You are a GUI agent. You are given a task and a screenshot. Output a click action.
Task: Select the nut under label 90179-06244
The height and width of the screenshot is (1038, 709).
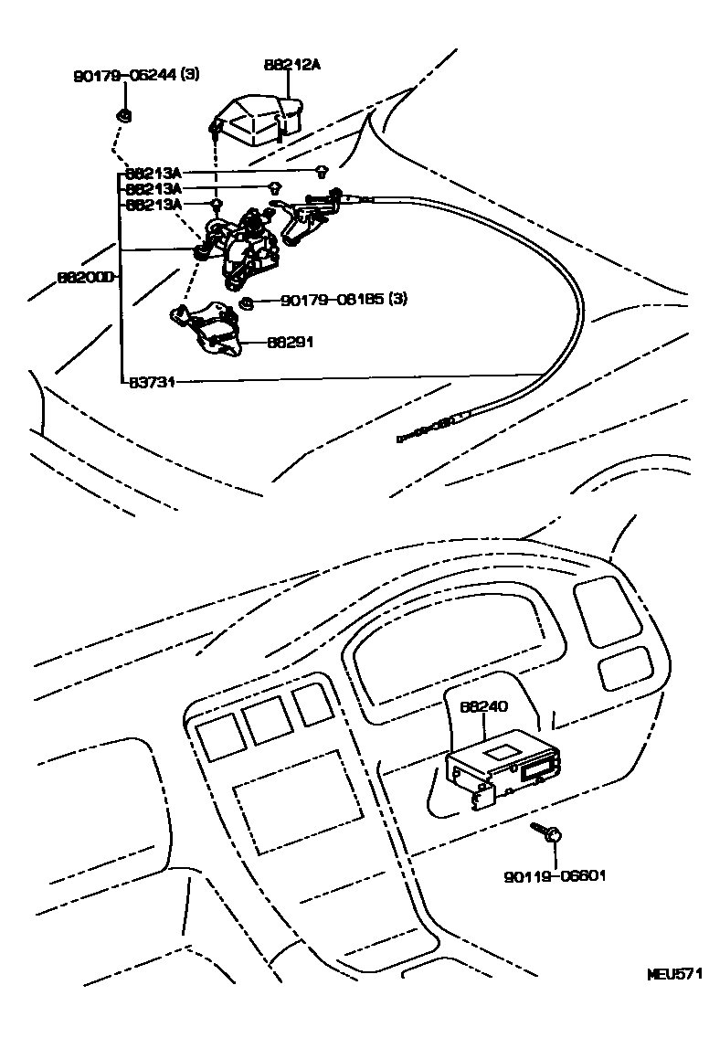click(122, 115)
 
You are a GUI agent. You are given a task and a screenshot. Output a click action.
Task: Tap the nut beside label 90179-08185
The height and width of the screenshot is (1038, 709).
click(245, 303)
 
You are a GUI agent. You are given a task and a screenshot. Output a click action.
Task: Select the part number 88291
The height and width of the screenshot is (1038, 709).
click(291, 343)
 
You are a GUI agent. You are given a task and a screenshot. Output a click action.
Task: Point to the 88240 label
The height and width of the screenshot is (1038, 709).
click(483, 706)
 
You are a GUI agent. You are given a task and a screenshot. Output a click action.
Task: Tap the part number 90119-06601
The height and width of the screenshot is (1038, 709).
click(555, 876)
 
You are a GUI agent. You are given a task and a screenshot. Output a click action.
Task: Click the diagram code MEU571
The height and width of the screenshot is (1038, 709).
click(675, 974)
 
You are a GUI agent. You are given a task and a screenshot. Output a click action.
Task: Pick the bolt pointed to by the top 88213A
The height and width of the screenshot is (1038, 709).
click(322, 171)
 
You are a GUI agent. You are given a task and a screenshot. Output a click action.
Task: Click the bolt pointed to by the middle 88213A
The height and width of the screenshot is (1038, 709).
click(274, 188)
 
